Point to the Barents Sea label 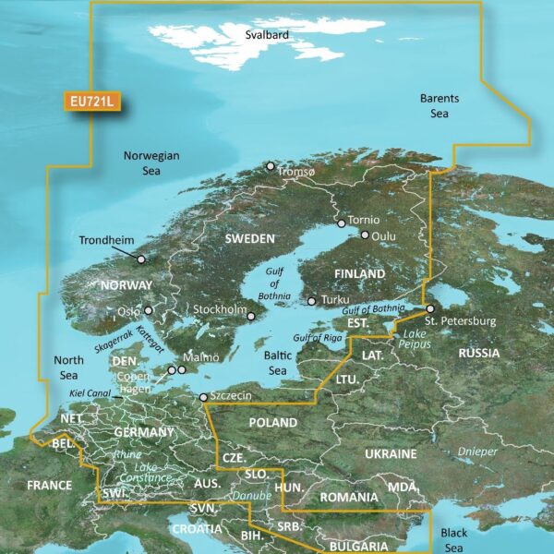[439, 105]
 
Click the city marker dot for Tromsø [270, 166]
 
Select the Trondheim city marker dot [141, 259]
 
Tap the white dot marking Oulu [365, 235]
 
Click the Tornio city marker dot [341, 223]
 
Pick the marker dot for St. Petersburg [429, 309]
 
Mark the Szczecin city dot [203, 398]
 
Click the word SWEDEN [249, 239]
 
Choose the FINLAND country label [360, 274]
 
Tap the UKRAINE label [390, 454]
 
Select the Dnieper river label [476, 452]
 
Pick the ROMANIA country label [349, 498]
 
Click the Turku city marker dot [312, 300]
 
